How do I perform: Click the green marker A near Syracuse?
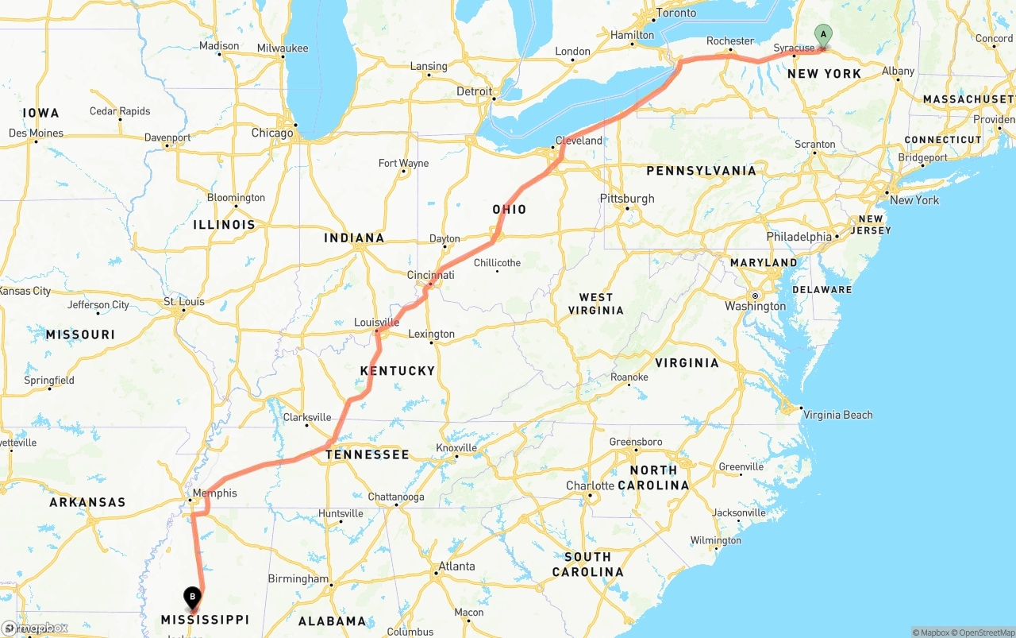point(824,35)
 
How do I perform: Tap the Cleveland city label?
point(579,141)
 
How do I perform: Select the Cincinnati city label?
point(431,276)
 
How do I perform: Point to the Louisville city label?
point(376,323)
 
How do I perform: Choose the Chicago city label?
point(272,133)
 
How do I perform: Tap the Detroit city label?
point(475,92)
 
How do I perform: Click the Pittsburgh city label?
point(627,199)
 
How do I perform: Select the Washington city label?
point(755,307)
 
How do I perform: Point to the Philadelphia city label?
point(799,237)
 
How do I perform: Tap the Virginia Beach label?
point(837,415)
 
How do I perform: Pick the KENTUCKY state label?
point(398,371)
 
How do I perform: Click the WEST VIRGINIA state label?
point(596,304)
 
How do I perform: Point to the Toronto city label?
point(676,14)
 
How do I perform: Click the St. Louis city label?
point(184,302)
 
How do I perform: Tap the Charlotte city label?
point(590,486)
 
